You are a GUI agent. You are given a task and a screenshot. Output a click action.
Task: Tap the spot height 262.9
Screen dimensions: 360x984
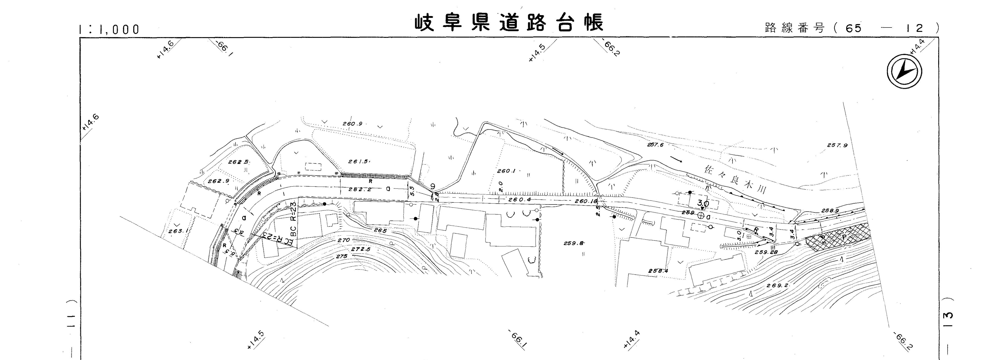218,181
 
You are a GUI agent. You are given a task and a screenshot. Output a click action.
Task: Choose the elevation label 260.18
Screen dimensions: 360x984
586,201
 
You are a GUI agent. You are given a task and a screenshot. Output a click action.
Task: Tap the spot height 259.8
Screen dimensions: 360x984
574,243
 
